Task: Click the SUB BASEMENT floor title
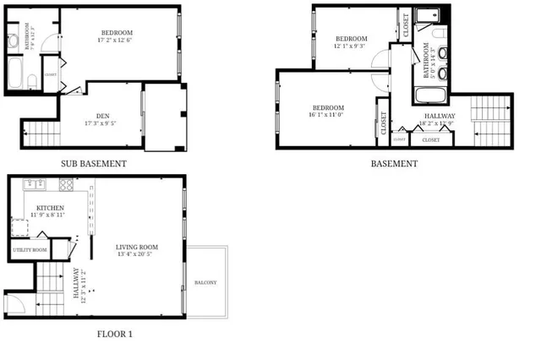click(x=94, y=164)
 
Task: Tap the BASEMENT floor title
click(x=394, y=164)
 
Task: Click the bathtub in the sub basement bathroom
click(x=18, y=74)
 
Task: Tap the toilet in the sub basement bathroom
click(x=31, y=81)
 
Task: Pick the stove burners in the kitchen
click(x=65, y=185)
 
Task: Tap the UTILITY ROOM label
click(x=29, y=251)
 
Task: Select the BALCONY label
click(x=207, y=282)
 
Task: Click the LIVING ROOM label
click(x=137, y=247)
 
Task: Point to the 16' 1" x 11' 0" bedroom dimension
click(x=328, y=116)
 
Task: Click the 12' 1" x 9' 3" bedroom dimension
click(x=351, y=46)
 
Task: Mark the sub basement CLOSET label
click(x=50, y=74)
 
